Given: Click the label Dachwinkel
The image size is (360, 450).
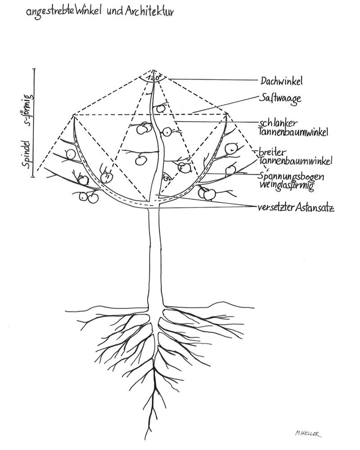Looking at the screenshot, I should (281, 81).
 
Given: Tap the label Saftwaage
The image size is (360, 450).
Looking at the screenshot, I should (279, 99).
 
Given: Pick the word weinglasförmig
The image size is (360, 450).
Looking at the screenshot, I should (286, 185).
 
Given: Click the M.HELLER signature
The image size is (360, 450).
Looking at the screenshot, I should (309, 432).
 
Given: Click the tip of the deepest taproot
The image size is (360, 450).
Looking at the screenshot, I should (146, 439).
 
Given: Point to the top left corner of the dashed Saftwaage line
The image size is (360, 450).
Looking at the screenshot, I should (74, 115).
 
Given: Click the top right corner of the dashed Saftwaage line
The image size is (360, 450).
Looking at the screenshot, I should (225, 115).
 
